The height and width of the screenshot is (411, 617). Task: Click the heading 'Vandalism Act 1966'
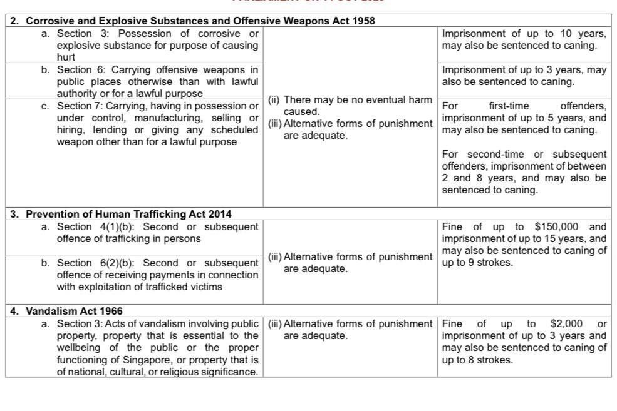pyautogui.click(x=74, y=311)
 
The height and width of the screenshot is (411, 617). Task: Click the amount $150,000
pyautogui.click(x=557, y=226)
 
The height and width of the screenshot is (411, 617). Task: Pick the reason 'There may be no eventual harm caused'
pyautogui.click(x=350, y=106)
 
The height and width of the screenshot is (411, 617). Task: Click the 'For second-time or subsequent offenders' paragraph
pyautogui.click(x=524, y=171)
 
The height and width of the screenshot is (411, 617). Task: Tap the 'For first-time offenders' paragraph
pyautogui.click(x=524, y=118)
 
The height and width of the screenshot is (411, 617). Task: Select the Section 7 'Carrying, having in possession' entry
pyautogui.click(x=157, y=124)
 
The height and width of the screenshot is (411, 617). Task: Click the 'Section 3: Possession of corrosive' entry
pyautogui.click(x=157, y=45)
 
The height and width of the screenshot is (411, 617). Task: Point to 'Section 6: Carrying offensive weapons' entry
pyautogui.click(x=157, y=81)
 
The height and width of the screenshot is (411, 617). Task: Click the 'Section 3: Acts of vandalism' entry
pyautogui.click(x=157, y=348)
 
